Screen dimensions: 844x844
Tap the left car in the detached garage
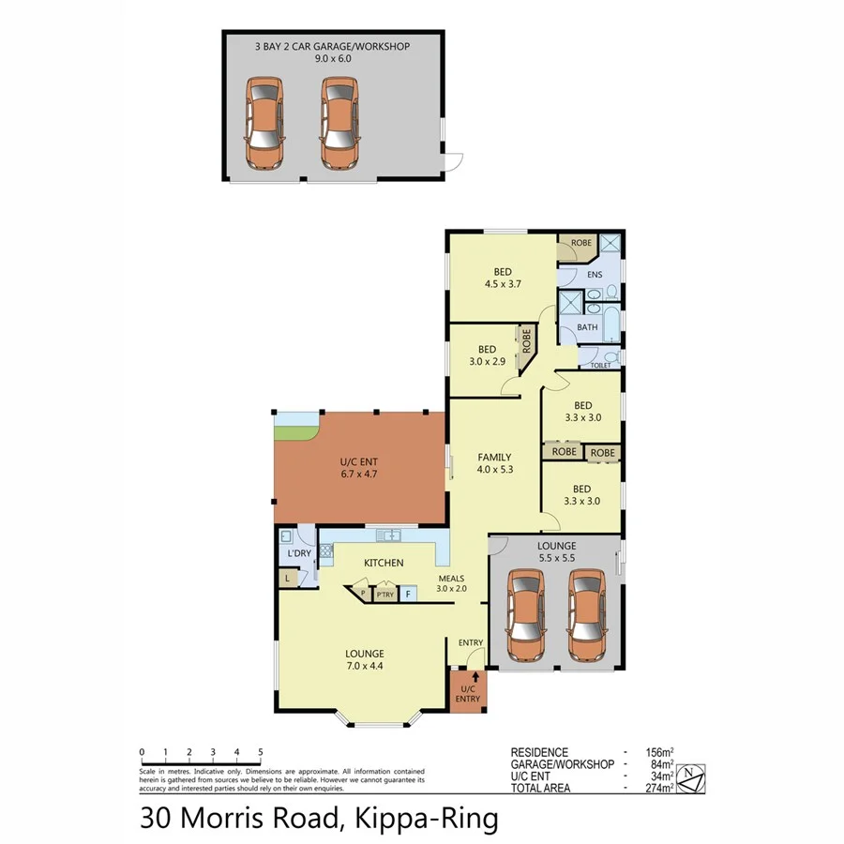(264, 122)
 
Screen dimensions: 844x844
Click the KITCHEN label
(384, 563)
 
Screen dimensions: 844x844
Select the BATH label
(587, 327)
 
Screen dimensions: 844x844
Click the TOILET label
(600, 365)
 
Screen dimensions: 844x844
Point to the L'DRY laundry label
(298, 554)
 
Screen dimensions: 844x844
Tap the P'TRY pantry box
(384, 595)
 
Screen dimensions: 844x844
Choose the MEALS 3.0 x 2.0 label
(452, 583)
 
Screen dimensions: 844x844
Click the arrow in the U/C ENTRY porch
(475, 675)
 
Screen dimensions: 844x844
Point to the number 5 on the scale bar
(260, 752)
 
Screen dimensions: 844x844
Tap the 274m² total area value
(659, 788)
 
